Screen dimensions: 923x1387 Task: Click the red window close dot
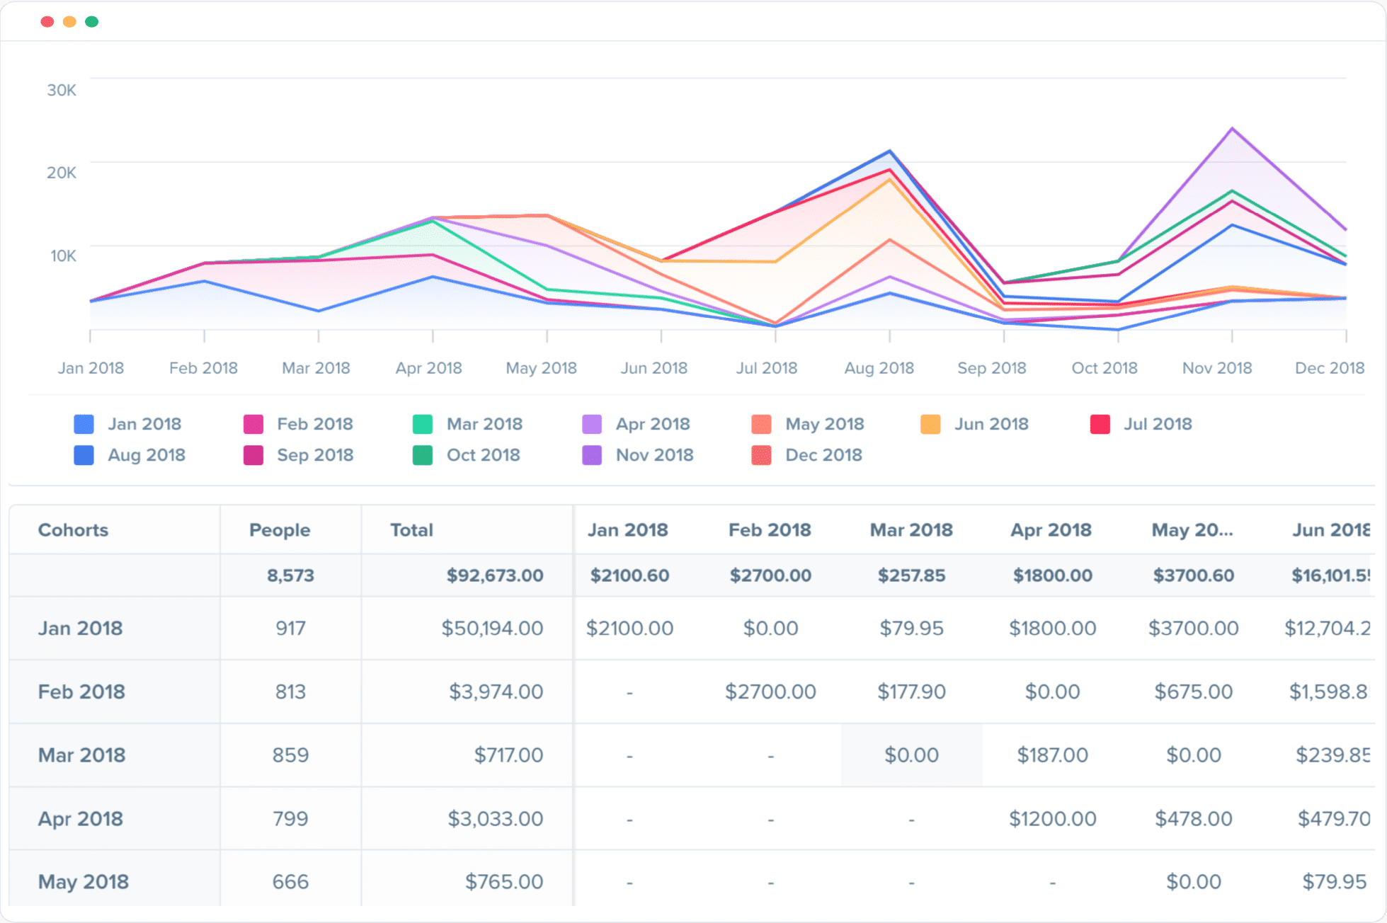point(47,22)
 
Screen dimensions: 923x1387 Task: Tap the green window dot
point(91,22)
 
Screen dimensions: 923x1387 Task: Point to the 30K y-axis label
point(62,91)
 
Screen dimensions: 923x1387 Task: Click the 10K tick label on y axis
point(63,256)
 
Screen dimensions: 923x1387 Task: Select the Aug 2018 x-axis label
point(879,368)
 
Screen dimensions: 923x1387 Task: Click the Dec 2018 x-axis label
point(1329,368)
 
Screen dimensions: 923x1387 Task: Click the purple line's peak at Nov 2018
point(1233,129)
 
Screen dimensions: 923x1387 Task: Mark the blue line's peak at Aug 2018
point(890,151)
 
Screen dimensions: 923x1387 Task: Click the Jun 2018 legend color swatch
point(930,425)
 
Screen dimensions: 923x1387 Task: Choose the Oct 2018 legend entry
point(483,455)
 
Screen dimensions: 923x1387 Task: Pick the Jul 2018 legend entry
point(1157,424)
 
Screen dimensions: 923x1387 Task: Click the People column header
point(280,530)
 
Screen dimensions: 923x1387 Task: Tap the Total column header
point(411,530)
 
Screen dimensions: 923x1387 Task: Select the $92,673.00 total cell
point(494,575)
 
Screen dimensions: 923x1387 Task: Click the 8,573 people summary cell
point(290,575)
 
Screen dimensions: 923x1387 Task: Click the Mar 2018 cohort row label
point(81,755)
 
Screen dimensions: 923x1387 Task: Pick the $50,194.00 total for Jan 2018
point(492,629)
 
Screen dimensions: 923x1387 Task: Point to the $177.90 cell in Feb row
point(911,692)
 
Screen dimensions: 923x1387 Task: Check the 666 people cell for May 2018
point(290,882)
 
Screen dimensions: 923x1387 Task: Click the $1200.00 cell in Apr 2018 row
point(1052,819)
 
